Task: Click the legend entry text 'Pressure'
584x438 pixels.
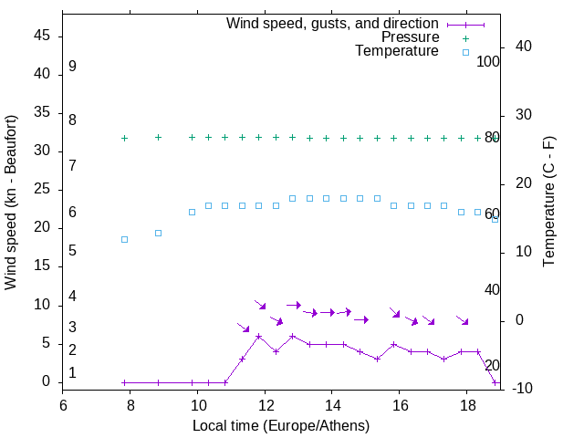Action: click(410, 37)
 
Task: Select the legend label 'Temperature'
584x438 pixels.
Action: click(397, 52)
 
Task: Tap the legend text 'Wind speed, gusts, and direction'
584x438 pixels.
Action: click(332, 23)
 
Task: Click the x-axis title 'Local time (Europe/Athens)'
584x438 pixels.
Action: click(281, 425)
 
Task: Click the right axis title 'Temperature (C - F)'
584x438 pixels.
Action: click(548, 203)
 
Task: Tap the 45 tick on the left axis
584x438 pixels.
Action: click(42, 35)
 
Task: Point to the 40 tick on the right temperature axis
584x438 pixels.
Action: click(511, 47)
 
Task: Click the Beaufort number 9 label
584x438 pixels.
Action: click(72, 67)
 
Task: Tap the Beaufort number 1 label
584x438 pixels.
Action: click(72, 373)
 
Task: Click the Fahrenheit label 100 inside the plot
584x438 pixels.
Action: click(488, 62)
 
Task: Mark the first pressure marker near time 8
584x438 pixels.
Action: click(124, 138)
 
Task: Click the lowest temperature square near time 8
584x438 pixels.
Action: click(124, 239)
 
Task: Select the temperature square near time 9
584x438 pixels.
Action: click(158, 233)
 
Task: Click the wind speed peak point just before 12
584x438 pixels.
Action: click(259, 336)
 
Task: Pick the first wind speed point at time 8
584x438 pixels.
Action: click(124, 382)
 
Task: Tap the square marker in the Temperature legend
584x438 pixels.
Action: click(465, 52)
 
